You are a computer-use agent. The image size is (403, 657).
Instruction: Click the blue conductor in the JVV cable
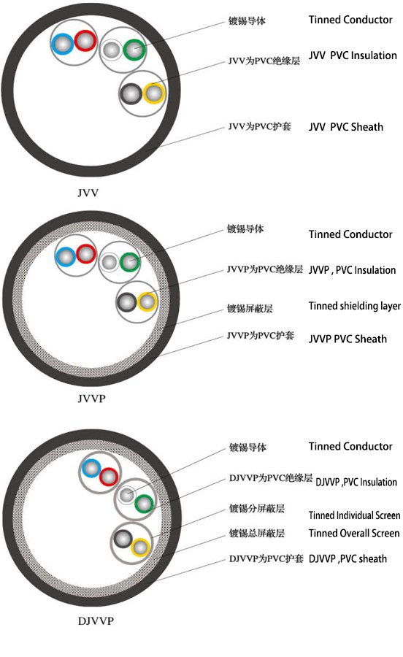pos(62,44)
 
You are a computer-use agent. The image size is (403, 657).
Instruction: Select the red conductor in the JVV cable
pos(85,41)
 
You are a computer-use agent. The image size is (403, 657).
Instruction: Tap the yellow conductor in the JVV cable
pos(154,93)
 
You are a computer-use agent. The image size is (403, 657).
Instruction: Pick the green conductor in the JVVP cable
pos(130,262)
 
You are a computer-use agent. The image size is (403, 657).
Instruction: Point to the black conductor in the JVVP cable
pos(127,302)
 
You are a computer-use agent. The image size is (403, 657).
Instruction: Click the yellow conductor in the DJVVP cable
pos(140,547)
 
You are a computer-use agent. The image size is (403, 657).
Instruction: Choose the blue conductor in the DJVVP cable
pos(91,469)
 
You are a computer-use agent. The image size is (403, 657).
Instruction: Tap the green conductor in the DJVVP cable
pos(145,504)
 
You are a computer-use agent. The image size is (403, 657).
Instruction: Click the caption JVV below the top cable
pos(88,193)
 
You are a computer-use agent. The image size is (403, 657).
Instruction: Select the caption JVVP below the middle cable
pos(91,398)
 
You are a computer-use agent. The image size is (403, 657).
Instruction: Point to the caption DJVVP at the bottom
pos(96,620)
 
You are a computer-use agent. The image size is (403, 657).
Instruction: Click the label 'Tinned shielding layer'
pos(354,307)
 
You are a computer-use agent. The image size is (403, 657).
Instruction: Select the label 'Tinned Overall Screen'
pos(354,533)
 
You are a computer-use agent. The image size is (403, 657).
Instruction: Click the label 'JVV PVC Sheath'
pos(346,127)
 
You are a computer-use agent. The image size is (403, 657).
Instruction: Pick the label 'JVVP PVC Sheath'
pos(348,339)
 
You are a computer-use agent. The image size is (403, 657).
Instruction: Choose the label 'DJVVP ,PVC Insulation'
pos(356,482)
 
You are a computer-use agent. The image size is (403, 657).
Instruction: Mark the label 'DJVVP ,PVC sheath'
pos(348,558)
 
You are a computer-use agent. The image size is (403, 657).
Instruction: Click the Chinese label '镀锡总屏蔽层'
pos(257,533)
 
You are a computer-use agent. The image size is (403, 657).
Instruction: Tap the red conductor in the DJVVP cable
pos(109,477)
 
